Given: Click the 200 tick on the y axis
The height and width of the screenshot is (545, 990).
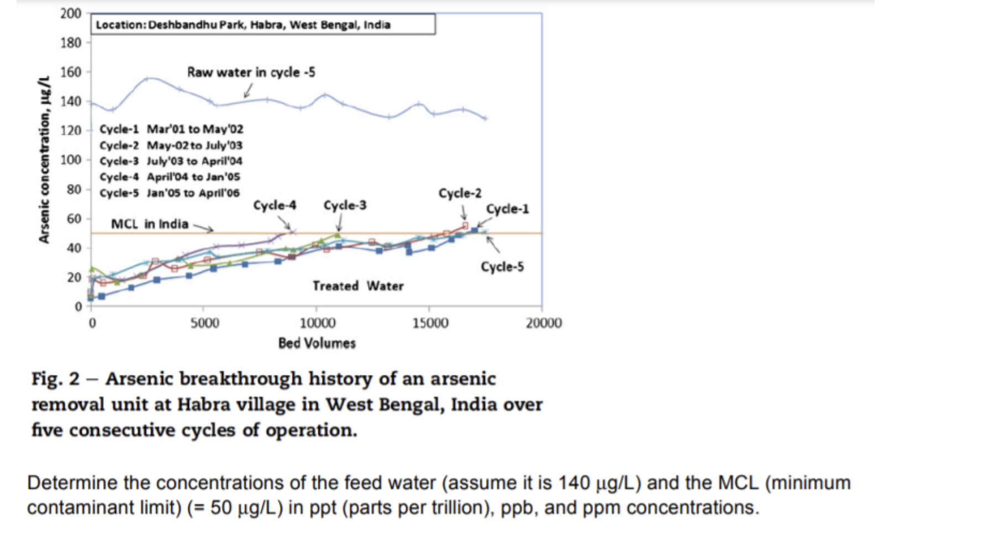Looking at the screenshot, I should click(x=71, y=13).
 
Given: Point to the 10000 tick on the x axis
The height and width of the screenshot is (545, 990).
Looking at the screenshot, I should click(x=317, y=323).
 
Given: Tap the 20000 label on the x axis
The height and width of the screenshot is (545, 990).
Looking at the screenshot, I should click(x=544, y=323).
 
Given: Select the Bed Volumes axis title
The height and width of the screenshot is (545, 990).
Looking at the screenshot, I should click(x=317, y=343).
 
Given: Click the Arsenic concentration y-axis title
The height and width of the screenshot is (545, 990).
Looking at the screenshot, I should click(x=44, y=160).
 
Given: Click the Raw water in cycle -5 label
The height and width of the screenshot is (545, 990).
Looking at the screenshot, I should click(x=251, y=72).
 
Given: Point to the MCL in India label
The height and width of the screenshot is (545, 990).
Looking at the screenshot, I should click(x=150, y=224).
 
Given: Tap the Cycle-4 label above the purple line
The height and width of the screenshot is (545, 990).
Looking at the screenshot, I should click(x=275, y=205).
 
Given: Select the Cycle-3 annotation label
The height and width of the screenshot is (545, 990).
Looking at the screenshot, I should click(x=345, y=205).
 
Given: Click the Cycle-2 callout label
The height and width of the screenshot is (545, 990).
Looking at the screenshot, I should click(x=460, y=193).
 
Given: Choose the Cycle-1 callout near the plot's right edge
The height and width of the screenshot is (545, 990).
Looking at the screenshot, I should click(x=507, y=209).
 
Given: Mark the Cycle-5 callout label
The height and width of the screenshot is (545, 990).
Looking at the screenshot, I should click(x=502, y=267).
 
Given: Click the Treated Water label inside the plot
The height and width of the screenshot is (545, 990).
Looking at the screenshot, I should click(x=358, y=285).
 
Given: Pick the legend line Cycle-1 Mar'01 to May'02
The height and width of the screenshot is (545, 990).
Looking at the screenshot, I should click(x=171, y=129).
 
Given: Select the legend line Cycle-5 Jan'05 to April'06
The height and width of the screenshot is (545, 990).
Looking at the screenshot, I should click(x=170, y=193).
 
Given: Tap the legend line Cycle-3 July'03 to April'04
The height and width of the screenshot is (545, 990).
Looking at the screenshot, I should click(x=171, y=161).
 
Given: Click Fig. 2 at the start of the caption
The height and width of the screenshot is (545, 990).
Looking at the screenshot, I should click(x=55, y=379).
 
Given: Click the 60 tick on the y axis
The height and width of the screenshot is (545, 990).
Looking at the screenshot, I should click(x=74, y=219).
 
